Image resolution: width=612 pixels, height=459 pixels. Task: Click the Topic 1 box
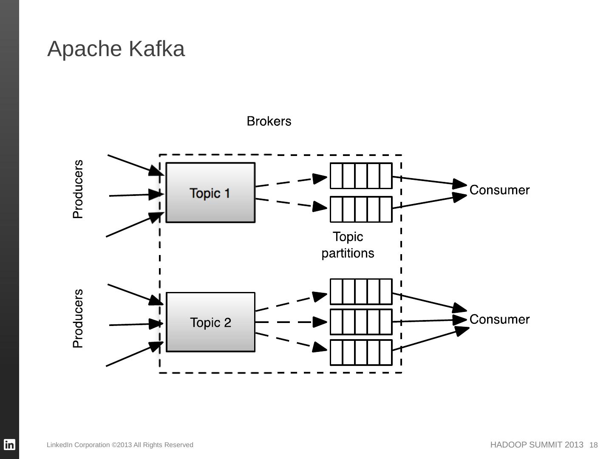[210, 193]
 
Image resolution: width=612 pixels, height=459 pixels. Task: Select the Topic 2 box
[210, 322]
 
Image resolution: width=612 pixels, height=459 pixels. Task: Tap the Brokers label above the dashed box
[269, 122]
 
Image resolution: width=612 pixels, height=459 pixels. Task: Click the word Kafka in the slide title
[157, 49]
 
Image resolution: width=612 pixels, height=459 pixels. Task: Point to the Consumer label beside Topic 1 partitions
[499, 190]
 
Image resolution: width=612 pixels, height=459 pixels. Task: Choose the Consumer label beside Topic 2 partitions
[499, 319]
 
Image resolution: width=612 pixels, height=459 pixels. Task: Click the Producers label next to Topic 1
[78, 189]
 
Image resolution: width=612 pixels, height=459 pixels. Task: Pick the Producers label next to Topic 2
[78, 319]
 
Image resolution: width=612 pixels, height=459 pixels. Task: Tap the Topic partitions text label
[348, 245]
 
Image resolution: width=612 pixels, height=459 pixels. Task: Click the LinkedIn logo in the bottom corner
[9, 445]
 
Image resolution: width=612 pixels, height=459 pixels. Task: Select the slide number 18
[594, 445]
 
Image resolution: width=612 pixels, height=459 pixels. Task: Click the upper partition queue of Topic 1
[361, 176]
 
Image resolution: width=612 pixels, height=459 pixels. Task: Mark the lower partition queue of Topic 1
[361, 209]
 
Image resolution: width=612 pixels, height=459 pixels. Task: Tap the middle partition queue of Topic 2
[361, 322]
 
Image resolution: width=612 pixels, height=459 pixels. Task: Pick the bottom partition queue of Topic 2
[361, 352]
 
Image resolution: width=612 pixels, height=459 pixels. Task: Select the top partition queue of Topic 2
[361, 292]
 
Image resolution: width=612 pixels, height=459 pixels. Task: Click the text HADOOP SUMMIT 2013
[537, 445]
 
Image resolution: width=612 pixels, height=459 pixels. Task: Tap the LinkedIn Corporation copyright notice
[120, 445]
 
